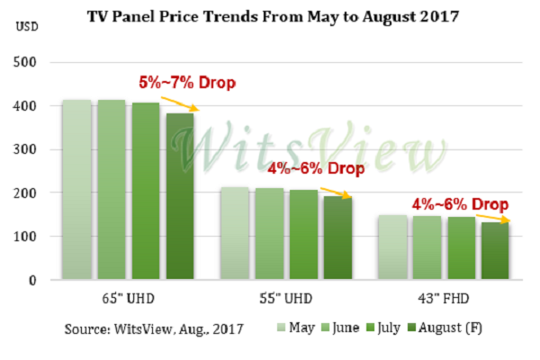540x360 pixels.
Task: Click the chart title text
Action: tap(269, 16)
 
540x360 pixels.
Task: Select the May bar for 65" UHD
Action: tap(77, 190)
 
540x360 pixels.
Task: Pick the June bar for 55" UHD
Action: tap(269, 234)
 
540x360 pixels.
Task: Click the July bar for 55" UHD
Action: tap(303, 235)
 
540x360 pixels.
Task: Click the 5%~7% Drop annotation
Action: tap(186, 84)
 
